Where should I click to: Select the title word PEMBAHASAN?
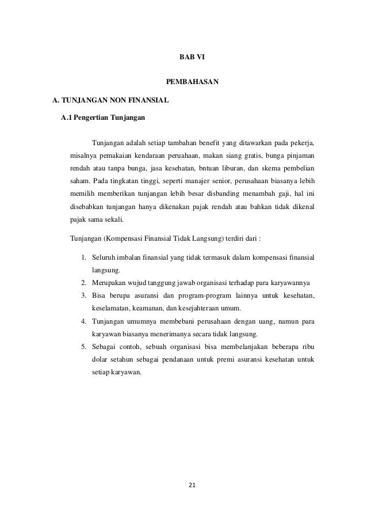click(x=192, y=82)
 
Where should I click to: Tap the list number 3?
click(x=84, y=295)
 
